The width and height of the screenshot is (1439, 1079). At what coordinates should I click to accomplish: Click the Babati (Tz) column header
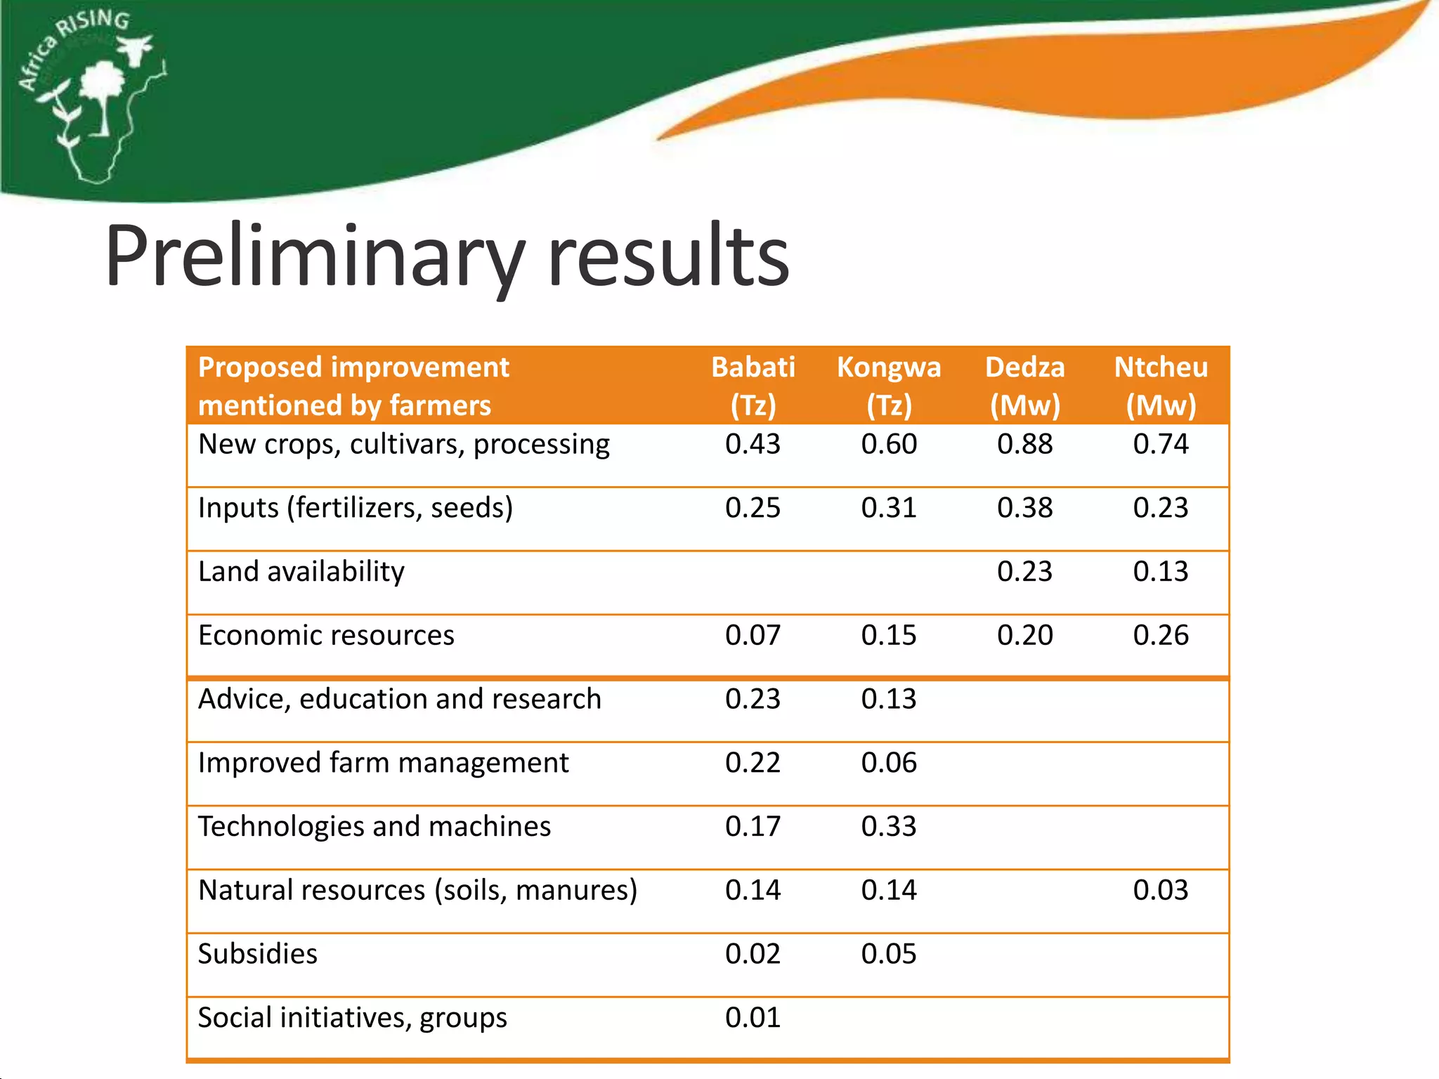753,386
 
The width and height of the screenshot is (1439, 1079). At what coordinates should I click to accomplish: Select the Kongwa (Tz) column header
888,386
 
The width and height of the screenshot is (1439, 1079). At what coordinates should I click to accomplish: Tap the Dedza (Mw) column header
1024,386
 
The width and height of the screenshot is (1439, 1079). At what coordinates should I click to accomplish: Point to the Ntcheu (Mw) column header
1161,386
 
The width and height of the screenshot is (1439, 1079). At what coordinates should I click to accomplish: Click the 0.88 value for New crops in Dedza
1024,444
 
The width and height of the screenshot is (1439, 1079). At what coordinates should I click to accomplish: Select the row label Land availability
301,572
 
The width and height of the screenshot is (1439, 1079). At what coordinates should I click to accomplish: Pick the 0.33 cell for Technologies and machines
888,827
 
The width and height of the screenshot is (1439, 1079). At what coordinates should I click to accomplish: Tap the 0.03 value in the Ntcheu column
1161,890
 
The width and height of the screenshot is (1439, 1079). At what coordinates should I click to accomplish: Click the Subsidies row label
257,954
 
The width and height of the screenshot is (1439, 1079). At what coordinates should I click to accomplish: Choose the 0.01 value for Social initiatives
753,1018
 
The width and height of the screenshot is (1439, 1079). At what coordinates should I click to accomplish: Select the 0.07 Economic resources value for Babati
753,635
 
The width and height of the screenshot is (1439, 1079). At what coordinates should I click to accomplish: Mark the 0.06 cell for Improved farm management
888,763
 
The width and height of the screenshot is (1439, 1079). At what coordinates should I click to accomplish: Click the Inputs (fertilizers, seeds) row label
355,508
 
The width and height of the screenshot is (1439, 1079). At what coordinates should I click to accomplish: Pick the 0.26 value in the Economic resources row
1161,635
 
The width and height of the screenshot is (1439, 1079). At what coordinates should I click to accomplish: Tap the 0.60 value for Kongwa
888,444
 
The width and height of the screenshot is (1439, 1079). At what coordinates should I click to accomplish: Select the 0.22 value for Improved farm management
753,763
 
